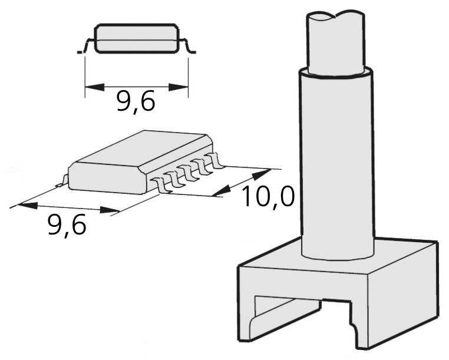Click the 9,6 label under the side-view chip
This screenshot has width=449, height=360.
click(136, 102)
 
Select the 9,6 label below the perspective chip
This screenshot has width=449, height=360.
click(67, 225)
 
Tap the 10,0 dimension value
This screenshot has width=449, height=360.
click(268, 197)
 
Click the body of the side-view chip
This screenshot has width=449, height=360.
click(137, 39)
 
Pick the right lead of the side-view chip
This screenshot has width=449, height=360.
click(189, 47)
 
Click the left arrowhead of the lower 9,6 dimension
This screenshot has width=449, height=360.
click(27, 205)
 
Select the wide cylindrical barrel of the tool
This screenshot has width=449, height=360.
click(338, 165)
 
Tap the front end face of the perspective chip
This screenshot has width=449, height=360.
click(106, 180)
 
